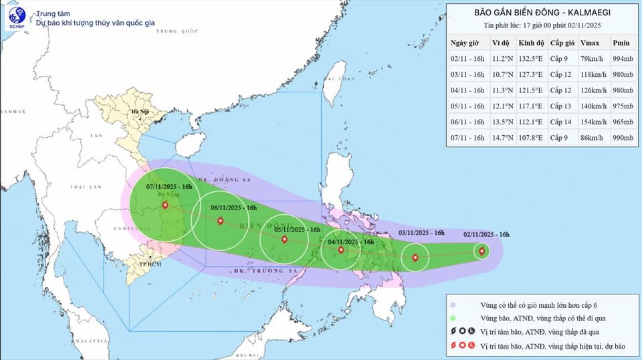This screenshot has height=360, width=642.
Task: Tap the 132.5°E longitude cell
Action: point(532,58)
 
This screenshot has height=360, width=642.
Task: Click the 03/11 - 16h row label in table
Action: point(468,74)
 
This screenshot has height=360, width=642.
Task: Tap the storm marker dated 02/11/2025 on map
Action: point(481,252)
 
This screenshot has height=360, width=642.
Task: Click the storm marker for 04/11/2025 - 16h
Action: point(341,250)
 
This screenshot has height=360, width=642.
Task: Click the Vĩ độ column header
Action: point(501,41)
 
